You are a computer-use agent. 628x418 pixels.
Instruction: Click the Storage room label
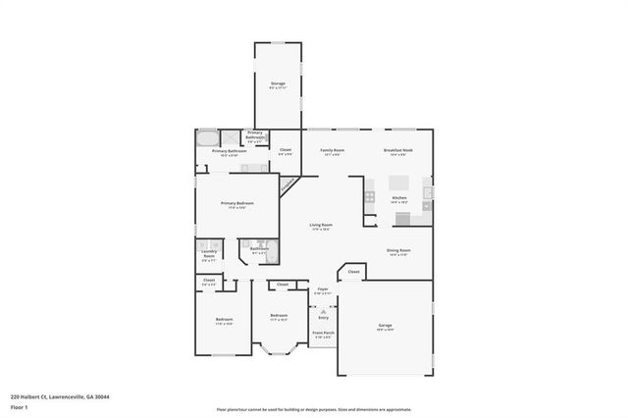pyautogui.click(x=279, y=85)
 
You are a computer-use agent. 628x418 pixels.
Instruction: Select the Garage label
pyautogui.click(x=386, y=325)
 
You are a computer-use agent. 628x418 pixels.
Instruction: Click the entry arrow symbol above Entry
pyautogui.click(x=323, y=310)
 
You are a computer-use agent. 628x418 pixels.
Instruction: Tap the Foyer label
pyautogui.click(x=323, y=290)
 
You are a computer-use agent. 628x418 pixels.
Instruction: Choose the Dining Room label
pyautogui.click(x=398, y=252)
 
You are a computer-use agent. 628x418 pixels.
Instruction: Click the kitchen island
pyautogui.click(x=398, y=183)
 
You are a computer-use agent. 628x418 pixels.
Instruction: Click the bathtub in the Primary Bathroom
pyautogui.click(x=207, y=138)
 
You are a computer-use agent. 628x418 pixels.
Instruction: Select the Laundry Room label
pyautogui.click(x=208, y=254)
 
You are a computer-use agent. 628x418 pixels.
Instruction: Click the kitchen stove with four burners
pyautogui.click(x=369, y=197)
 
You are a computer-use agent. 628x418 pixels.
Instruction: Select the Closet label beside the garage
pyautogui.click(x=353, y=271)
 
